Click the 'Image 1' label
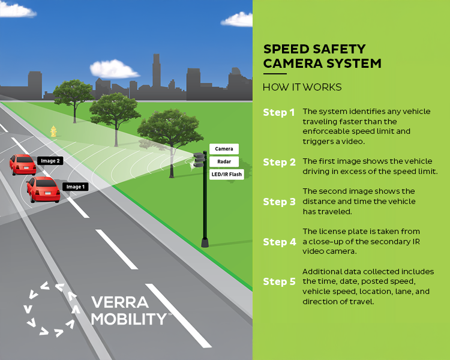pos(76,187)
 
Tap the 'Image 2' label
pos(50,160)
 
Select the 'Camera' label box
pos(224,148)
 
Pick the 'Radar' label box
pos(224,161)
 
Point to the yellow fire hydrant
pos(53,131)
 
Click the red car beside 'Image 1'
pos(43,189)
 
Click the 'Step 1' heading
pos(279,112)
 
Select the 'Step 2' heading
pos(279,162)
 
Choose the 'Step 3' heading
pos(279,202)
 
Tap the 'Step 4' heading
pos(279,242)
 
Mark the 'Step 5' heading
pos(279,281)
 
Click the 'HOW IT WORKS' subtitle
pos(302,87)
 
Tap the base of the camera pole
pos(205,241)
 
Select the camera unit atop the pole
pos(199,159)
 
